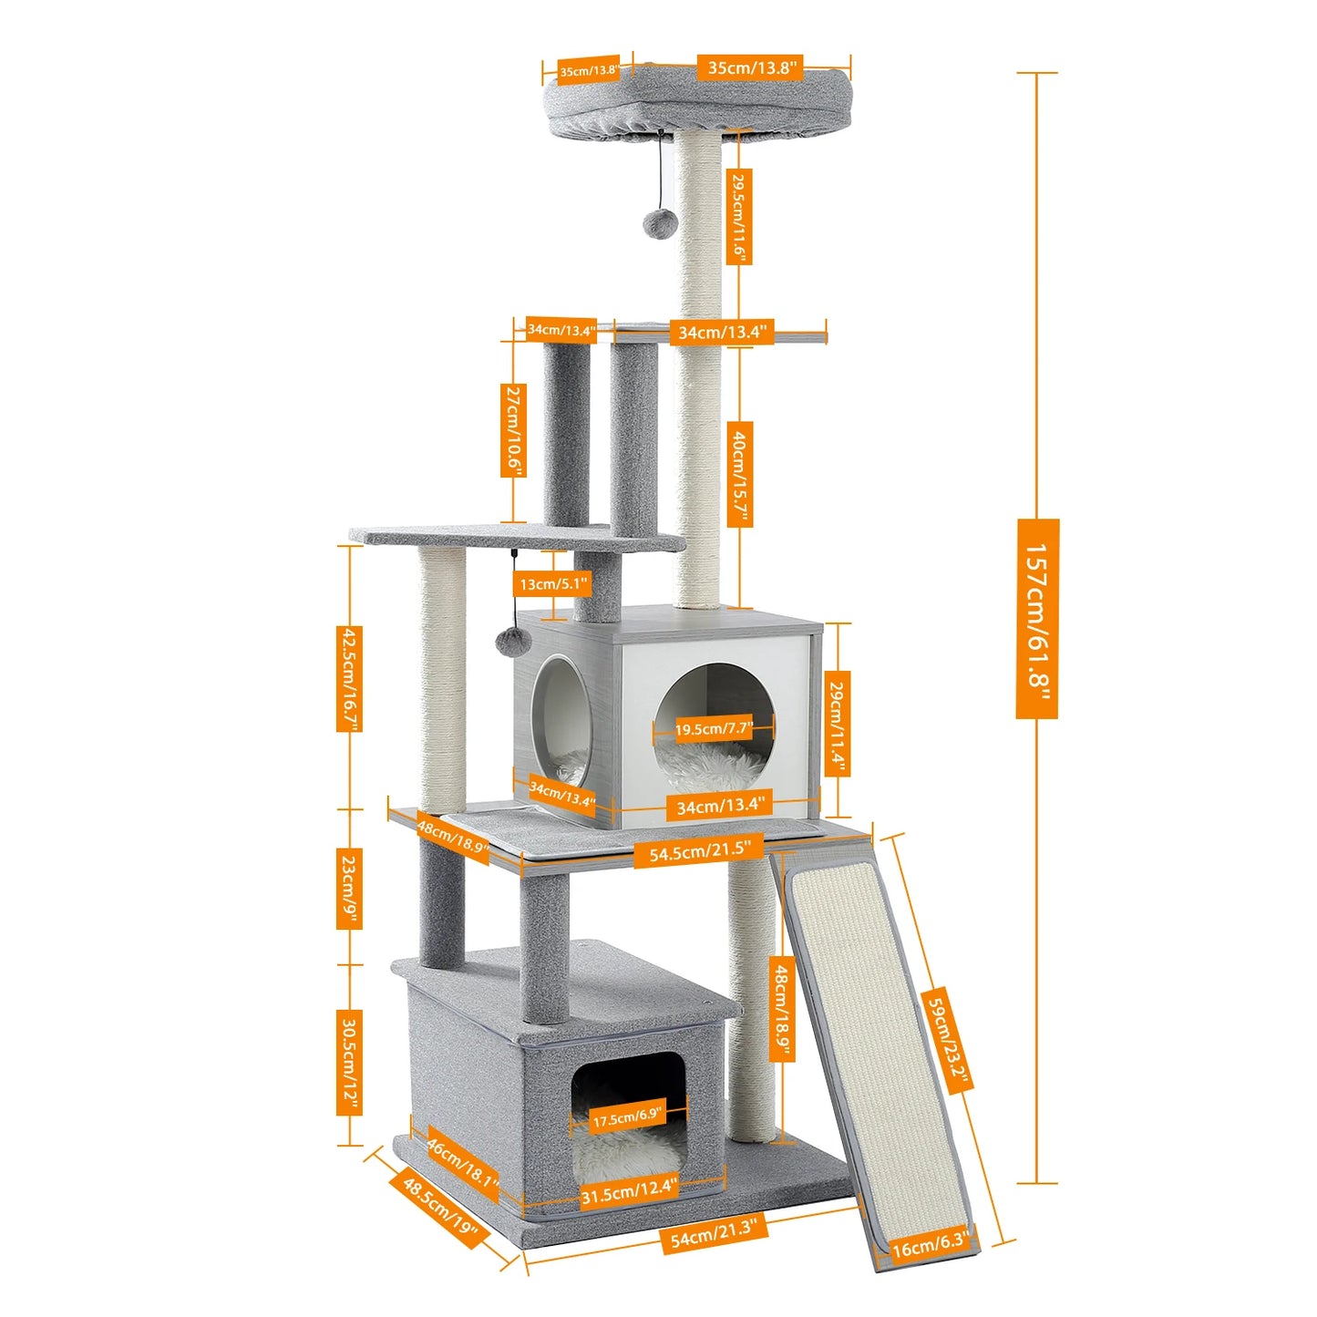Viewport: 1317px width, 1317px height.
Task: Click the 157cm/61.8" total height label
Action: (1037, 619)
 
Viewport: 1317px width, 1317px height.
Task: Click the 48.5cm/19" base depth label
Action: (440, 1210)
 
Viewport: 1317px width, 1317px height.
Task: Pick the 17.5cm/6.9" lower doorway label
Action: (627, 1116)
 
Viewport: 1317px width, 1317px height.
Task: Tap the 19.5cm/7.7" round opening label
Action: (714, 729)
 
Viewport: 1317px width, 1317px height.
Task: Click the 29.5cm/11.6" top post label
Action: (738, 217)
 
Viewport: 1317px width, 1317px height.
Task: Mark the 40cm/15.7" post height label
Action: (740, 473)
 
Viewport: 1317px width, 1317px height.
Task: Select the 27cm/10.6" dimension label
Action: (514, 429)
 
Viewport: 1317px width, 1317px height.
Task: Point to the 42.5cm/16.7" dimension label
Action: (349, 678)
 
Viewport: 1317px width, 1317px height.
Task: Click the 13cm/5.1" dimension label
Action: (554, 583)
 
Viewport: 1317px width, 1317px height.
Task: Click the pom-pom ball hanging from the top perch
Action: (658, 223)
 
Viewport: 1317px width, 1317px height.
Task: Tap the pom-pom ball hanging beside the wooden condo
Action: (512, 642)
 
